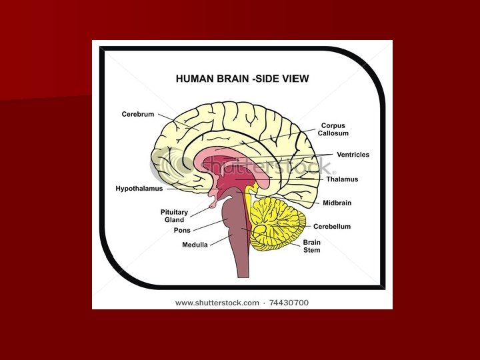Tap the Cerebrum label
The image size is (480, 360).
[x=138, y=114]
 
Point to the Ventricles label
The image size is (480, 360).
[x=352, y=155]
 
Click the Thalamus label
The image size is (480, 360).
[x=342, y=179]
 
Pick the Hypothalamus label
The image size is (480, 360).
[x=139, y=189]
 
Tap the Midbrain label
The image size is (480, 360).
[x=337, y=203]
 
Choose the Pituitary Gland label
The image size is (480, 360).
[x=174, y=216]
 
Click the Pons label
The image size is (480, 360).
[x=182, y=231]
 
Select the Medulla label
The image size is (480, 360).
[x=195, y=245]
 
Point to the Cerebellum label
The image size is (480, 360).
[x=332, y=227]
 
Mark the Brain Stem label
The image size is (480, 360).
[x=311, y=246]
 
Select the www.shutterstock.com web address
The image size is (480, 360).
[x=217, y=303]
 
